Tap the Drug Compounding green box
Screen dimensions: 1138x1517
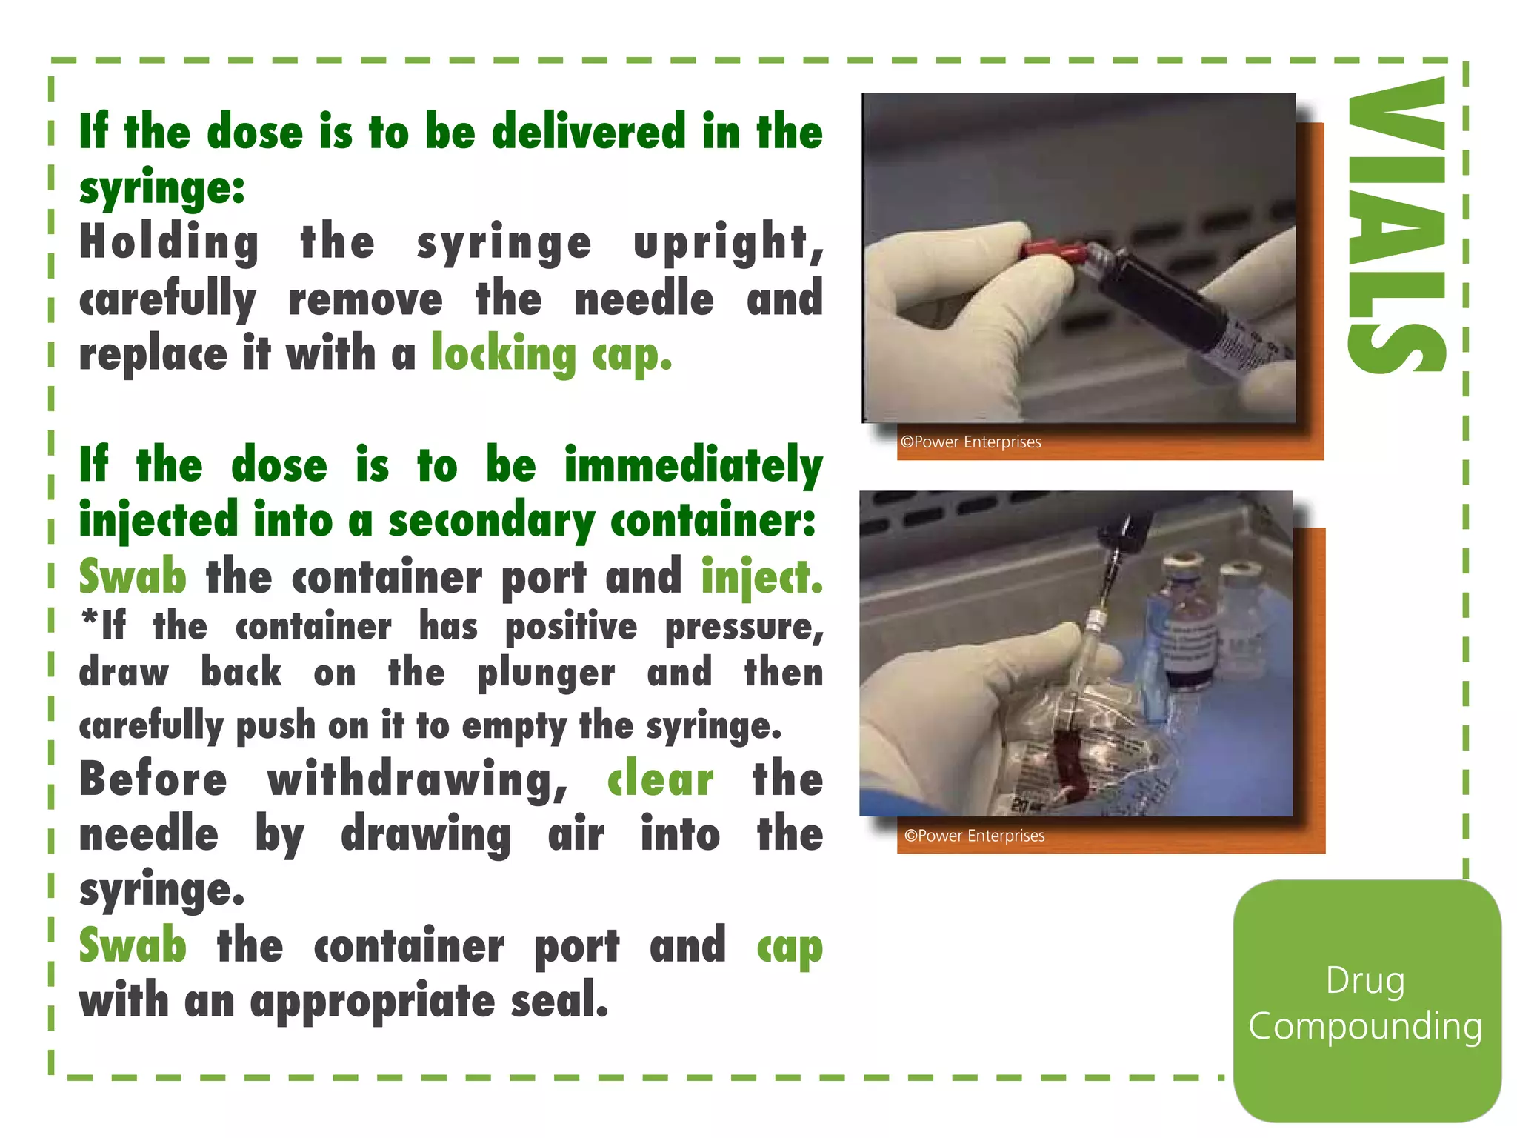click(x=1367, y=1002)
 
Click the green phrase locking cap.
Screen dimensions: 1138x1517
click(x=551, y=355)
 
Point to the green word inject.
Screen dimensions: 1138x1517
click(x=761, y=577)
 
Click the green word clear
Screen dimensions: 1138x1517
click(x=660, y=779)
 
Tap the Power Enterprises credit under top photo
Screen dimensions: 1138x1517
click(x=970, y=442)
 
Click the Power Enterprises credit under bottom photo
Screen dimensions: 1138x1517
click(x=974, y=836)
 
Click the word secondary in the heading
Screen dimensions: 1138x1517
click(x=490, y=522)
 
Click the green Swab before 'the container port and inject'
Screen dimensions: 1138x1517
click(x=133, y=577)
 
